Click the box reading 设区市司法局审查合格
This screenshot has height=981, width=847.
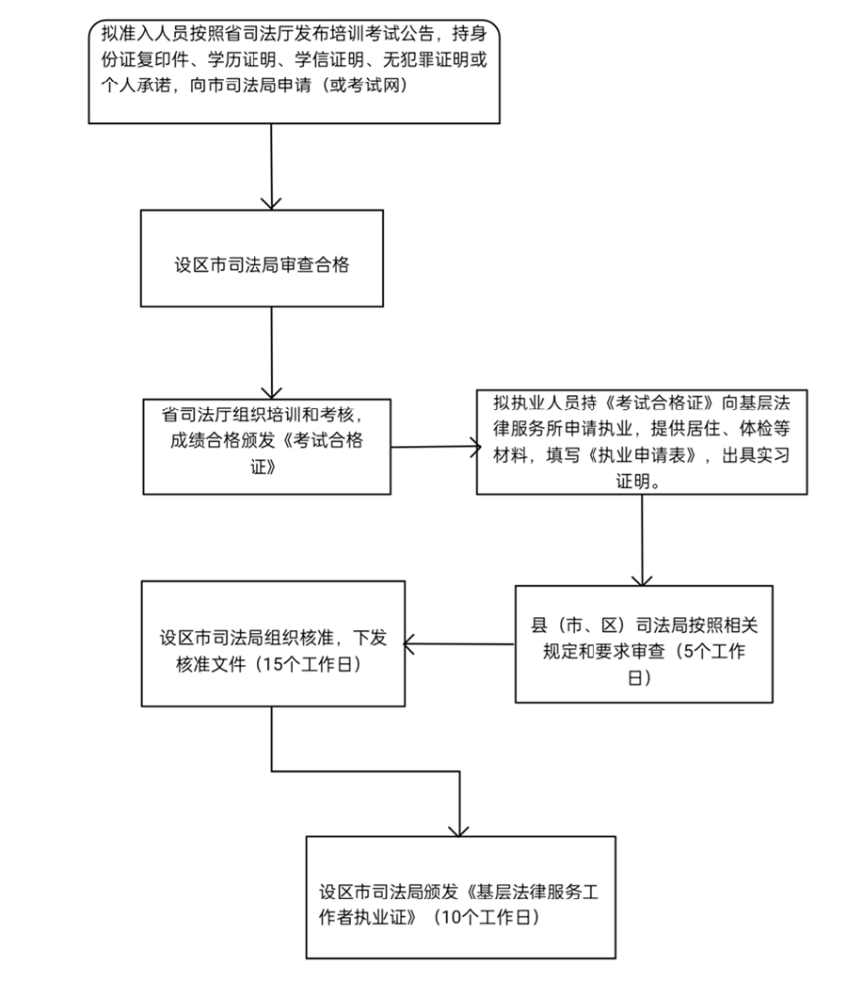262,258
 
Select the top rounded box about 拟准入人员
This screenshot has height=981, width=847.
293,71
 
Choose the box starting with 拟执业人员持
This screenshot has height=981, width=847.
642,441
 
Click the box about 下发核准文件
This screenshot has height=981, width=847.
272,643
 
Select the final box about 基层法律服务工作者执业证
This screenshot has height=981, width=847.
460,896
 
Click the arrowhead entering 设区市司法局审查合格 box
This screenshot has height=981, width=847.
271,201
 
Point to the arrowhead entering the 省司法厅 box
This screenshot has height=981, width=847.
271,390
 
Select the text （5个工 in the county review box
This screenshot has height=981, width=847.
704,655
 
